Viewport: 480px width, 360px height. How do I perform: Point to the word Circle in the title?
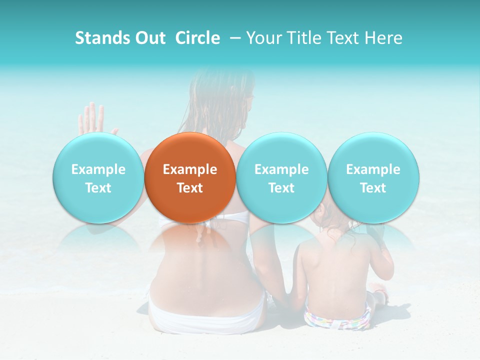197,38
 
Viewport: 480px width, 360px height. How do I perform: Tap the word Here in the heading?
383,38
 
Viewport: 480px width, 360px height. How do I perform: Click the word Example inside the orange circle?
190,169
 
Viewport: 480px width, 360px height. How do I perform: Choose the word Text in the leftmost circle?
98,188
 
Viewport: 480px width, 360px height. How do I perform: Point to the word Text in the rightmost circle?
373,188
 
